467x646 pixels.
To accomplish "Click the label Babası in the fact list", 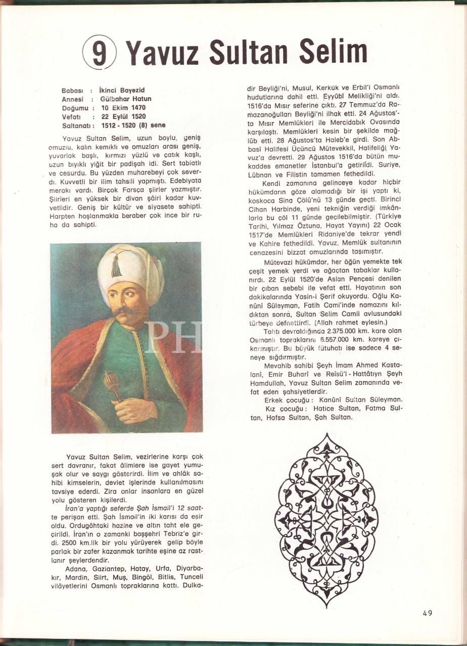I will coord(72,91).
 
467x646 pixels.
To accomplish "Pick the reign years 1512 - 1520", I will coord(121,125).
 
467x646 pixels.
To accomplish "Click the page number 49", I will coord(428,613).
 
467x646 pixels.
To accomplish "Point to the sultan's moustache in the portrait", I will coord(125,310).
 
